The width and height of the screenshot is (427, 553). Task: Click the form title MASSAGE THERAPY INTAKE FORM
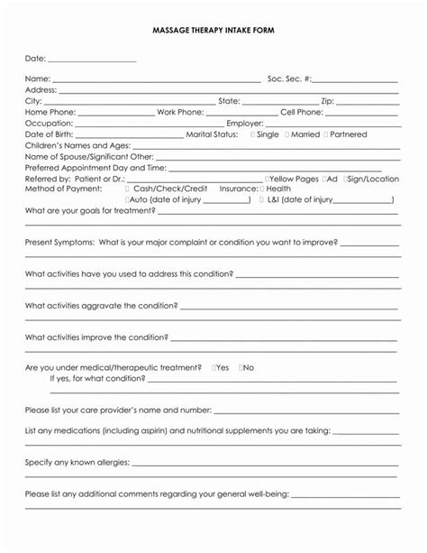tap(213, 31)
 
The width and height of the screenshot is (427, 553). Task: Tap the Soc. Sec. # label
tap(288, 78)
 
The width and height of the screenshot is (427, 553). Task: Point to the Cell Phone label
tap(301, 112)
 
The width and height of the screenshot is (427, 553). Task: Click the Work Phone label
tap(180, 112)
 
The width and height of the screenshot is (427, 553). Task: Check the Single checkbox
tap(253, 134)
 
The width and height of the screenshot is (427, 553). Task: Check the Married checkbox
tap(287, 134)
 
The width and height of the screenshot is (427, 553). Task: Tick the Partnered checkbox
tap(326, 134)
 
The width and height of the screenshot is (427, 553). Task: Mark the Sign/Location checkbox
tap(343, 179)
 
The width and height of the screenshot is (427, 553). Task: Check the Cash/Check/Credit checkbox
tap(129, 189)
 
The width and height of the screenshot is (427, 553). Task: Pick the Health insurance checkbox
tap(263, 189)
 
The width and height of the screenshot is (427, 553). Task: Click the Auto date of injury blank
tap(229, 200)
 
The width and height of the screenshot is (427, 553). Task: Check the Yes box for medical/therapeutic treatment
tap(214, 368)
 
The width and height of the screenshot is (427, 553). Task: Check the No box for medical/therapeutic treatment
tap(241, 368)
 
